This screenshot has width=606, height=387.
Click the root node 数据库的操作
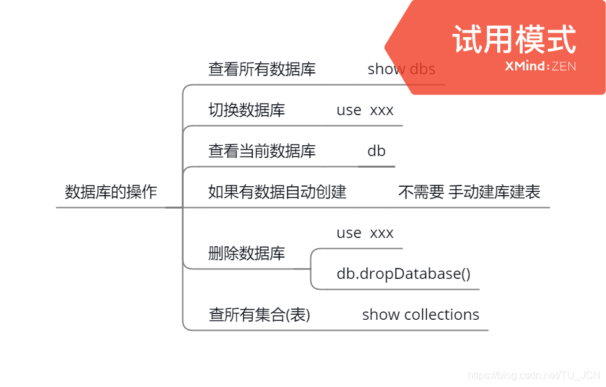pyautogui.click(x=111, y=192)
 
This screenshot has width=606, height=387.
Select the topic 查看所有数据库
pyautogui.click(x=262, y=69)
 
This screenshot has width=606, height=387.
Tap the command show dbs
pyautogui.click(x=401, y=69)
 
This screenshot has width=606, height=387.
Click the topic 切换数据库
pyautogui.click(x=246, y=110)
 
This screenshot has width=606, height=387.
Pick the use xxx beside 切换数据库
pyautogui.click(x=365, y=110)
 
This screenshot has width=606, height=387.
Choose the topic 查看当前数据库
pyautogui.click(x=262, y=151)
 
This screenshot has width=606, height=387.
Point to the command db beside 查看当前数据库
pyautogui.click(x=376, y=151)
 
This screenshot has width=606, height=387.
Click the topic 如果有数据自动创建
pyautogui.click(x=277, y=192)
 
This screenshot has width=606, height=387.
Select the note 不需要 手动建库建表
pyautogui.click(x=469, y=192)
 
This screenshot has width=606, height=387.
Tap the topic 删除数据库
pyautogui.click(x=246, y=253)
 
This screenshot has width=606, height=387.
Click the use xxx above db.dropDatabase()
pyautogui.click(x=365, y=233)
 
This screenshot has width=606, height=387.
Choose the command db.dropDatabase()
pyautogui.click(x=403, y=274)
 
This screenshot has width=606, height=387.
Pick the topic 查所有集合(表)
pyautogui.click(x=259, y=315)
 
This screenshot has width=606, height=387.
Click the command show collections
pyautogui.click(x=420, y=315)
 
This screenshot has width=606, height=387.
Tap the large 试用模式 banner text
pyautogui.click(x=514, y=40)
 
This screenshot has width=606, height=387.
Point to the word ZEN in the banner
pyautogui.click(x=563, y=66)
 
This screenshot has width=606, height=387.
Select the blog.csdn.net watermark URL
pyautogui.click(x=534, y=375)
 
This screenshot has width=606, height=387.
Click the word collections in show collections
pyautogui.click(x=442, y=315)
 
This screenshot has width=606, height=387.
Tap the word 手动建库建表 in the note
pyautogui.click(x=494, y=192)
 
